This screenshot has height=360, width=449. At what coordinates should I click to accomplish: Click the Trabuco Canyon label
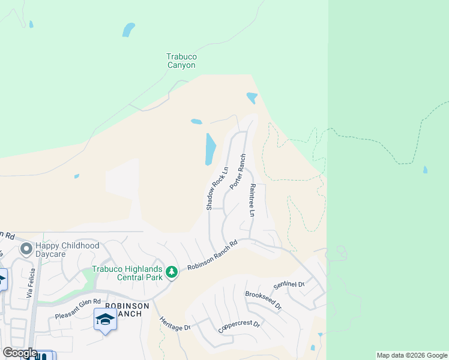[181, 61]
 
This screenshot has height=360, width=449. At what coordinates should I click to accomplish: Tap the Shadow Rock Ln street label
[217, 188]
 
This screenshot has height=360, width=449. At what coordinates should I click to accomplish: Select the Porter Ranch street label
[238, 172]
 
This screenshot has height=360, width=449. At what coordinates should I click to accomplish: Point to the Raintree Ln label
[253, 200]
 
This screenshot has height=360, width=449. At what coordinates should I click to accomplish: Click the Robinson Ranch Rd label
[212, 256]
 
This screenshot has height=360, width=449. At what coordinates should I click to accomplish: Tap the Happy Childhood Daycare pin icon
[26, 248]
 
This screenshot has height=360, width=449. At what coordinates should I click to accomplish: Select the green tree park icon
[172, 272]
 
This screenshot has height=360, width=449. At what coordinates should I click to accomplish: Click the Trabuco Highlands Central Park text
[128, 274]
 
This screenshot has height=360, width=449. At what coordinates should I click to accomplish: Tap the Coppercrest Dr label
[238, 325]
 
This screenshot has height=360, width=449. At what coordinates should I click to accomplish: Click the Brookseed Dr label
[263, 300]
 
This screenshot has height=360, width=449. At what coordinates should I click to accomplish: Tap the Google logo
[20, 353]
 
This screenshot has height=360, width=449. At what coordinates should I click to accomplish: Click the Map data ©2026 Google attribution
[412, 355]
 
